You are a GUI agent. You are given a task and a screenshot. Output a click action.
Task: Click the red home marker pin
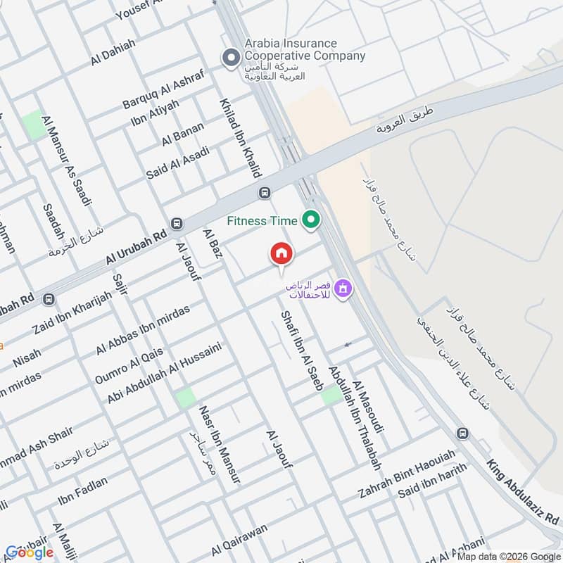pyautogui.click(x=281, y=253)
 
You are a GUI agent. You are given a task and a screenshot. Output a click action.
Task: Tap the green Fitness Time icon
pyautogui.click(x=310, y=221)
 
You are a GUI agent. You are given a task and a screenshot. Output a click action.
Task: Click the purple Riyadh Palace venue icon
pyautogui.click(x=343, y=288)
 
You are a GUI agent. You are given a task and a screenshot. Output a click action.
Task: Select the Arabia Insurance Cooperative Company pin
pyautogui.click(x=229, y=58)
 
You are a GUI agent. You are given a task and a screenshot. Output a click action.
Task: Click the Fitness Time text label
pyautogui.click(x=262, y=221)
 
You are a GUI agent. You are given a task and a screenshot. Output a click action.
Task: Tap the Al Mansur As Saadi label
pyautogui.click(x=67, y=160)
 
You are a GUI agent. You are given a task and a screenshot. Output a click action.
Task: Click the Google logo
pyautogui.click(x=29, y=552)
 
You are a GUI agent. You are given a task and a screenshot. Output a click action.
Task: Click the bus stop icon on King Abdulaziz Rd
pyautogui.click(x=462, y=433)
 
